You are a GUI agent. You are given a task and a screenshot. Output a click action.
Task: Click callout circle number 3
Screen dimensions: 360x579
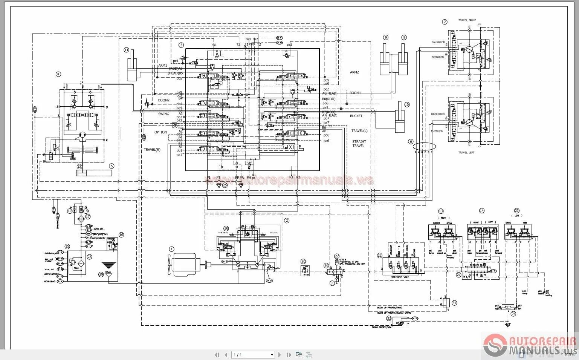pos(181,45)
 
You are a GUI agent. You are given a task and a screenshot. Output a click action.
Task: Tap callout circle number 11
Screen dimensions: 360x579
pos(126,50)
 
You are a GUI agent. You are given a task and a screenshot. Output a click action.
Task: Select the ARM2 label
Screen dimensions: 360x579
pos(354,72)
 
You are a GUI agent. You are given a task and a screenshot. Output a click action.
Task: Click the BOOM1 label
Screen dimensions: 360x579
pos(355,93)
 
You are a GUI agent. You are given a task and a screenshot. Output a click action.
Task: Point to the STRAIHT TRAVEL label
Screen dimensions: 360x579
pos(359,144)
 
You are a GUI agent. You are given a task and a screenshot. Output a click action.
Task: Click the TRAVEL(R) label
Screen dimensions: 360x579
pos(152,150)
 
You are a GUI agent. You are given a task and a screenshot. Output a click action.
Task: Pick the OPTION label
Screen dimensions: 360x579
pos(160,132)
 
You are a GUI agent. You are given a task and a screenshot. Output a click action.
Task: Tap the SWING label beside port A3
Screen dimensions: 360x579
pos(163,114)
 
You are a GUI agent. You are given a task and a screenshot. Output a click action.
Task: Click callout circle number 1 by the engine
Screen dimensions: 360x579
pos(172,249)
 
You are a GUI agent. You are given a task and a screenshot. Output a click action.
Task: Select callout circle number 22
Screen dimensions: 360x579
pos(379,256)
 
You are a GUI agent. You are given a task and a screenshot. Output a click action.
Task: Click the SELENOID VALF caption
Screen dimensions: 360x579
pos(402,277)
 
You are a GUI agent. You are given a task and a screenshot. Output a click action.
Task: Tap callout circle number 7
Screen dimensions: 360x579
pos(445,22)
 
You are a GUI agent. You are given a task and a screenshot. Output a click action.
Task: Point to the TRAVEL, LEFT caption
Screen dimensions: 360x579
pos(466,153)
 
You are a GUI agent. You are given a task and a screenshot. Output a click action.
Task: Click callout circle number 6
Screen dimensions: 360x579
pos(411,142)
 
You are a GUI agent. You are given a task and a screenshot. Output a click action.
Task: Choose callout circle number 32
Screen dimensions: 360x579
pos(389,318)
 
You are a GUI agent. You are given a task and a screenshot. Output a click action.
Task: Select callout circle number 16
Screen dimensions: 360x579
pos(121,234)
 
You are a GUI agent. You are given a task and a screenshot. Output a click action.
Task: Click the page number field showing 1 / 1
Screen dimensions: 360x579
pos(253,355)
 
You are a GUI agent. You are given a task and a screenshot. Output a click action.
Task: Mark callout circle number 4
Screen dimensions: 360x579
pos(58,74)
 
